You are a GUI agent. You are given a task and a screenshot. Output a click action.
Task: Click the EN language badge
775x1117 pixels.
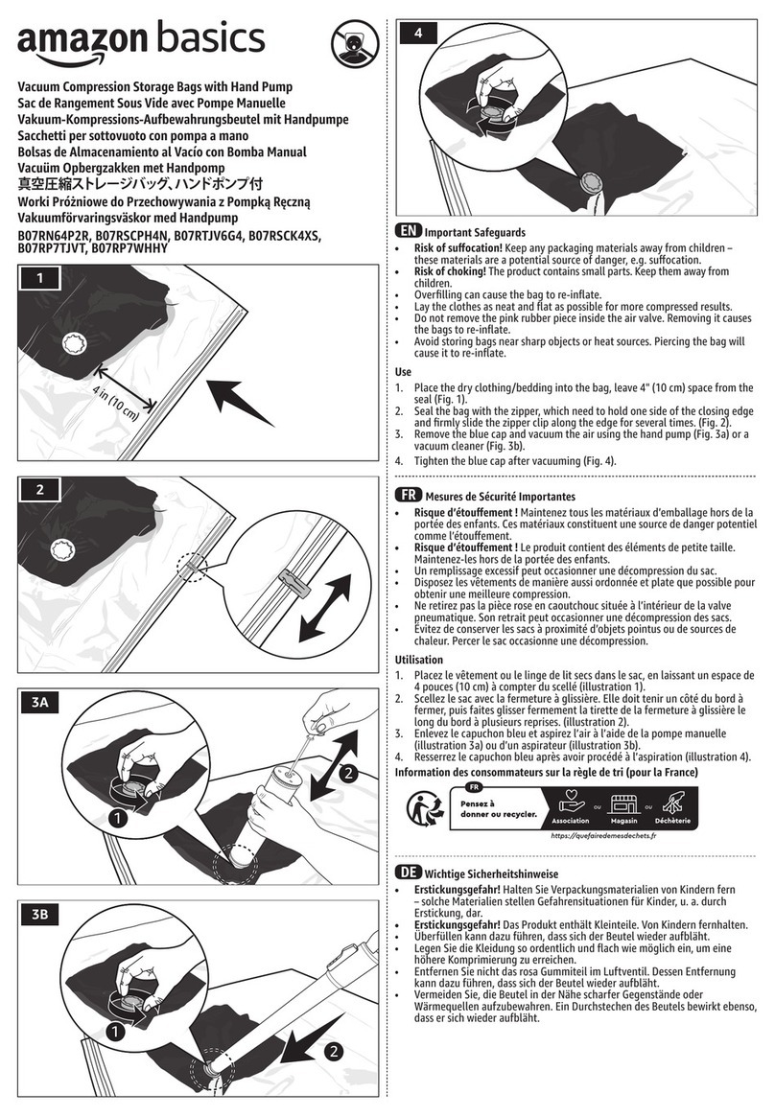tap(408, 231)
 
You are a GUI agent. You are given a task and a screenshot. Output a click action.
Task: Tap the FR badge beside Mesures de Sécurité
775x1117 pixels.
tap(408, 496)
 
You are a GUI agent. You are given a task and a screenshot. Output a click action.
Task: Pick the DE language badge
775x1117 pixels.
tap(408, 873)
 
